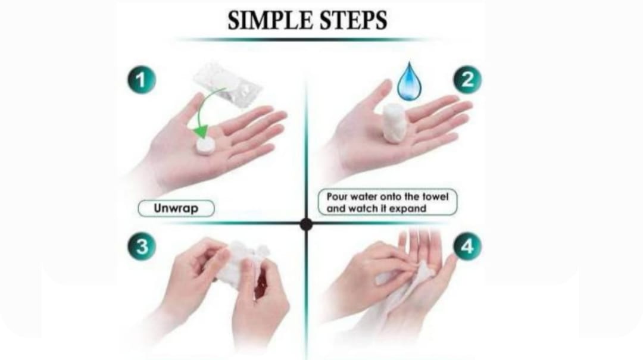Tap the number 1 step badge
[x=142, y=80]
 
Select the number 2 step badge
[x=467, y=80]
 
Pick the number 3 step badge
[x=142, y=247]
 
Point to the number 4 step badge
[x=467, y=247]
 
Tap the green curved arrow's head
[x=201, y=131]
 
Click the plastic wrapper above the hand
[x=227, y=84]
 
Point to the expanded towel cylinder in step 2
[x=394, y=123]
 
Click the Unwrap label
[x=176, y=208]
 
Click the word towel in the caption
[x=435, y=197]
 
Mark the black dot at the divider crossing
[x=306, y=224]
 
